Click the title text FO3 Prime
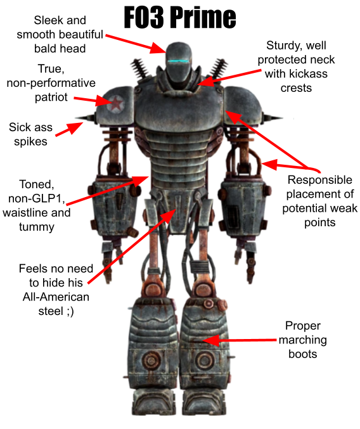180,17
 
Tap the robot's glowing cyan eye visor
178,61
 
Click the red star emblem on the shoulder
117,103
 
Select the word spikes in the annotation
30,142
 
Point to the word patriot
51,97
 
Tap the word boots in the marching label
302,354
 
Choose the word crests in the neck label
296,88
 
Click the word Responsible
320,180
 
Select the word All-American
56,297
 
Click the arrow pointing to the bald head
136,44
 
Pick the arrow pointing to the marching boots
239,340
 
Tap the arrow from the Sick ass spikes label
70,129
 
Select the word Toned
36,184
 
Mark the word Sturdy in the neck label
282,46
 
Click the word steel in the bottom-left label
51,311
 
